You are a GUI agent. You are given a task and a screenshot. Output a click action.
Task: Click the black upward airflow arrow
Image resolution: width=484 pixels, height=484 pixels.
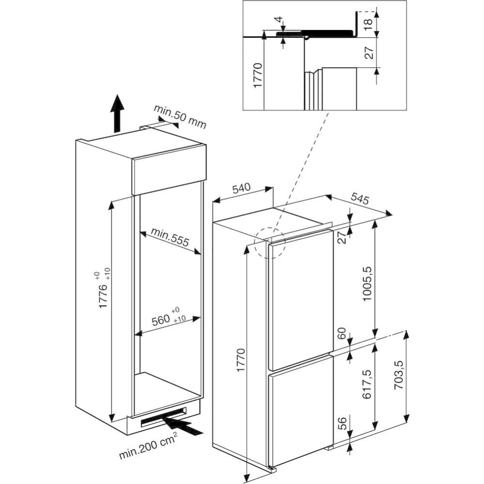[117, 113]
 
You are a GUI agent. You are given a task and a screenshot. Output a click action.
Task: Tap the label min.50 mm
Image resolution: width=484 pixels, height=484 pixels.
[180, 117]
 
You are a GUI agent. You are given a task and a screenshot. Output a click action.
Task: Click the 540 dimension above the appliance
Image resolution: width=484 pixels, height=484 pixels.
[241, 188]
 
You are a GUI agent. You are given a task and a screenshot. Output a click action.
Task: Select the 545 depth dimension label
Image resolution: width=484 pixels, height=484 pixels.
[359, 199]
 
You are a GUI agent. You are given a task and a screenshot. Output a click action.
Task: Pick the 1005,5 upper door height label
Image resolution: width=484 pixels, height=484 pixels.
[367, 284]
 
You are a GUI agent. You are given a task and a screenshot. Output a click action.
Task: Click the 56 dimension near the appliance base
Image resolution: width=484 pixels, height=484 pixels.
[342, 423]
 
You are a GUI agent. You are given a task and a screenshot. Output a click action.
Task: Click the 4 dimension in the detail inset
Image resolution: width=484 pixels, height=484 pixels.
[279, 19]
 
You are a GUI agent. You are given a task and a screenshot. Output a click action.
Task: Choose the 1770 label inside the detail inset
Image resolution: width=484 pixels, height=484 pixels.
[258, 75]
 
